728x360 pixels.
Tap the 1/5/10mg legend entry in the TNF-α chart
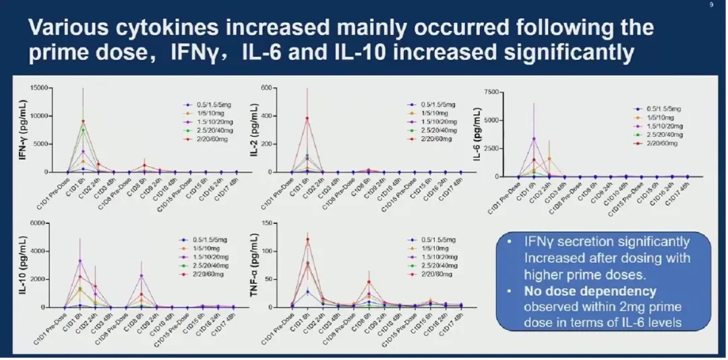point(432,248)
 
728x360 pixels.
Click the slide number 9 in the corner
point(712,5)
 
